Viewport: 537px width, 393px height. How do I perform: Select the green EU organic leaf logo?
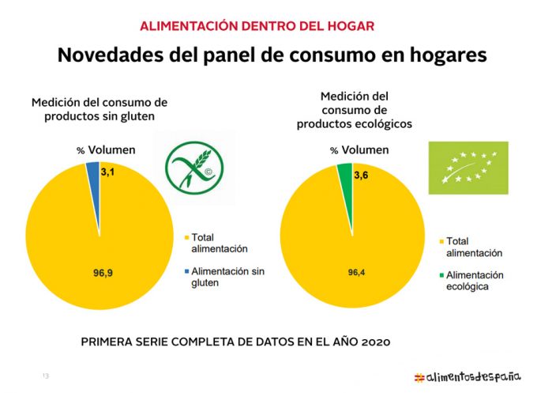468,168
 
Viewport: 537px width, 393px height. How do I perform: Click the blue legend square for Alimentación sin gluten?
186,271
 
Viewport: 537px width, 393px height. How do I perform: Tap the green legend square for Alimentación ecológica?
440,274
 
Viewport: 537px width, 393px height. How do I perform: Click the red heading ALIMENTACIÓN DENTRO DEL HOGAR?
257,25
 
